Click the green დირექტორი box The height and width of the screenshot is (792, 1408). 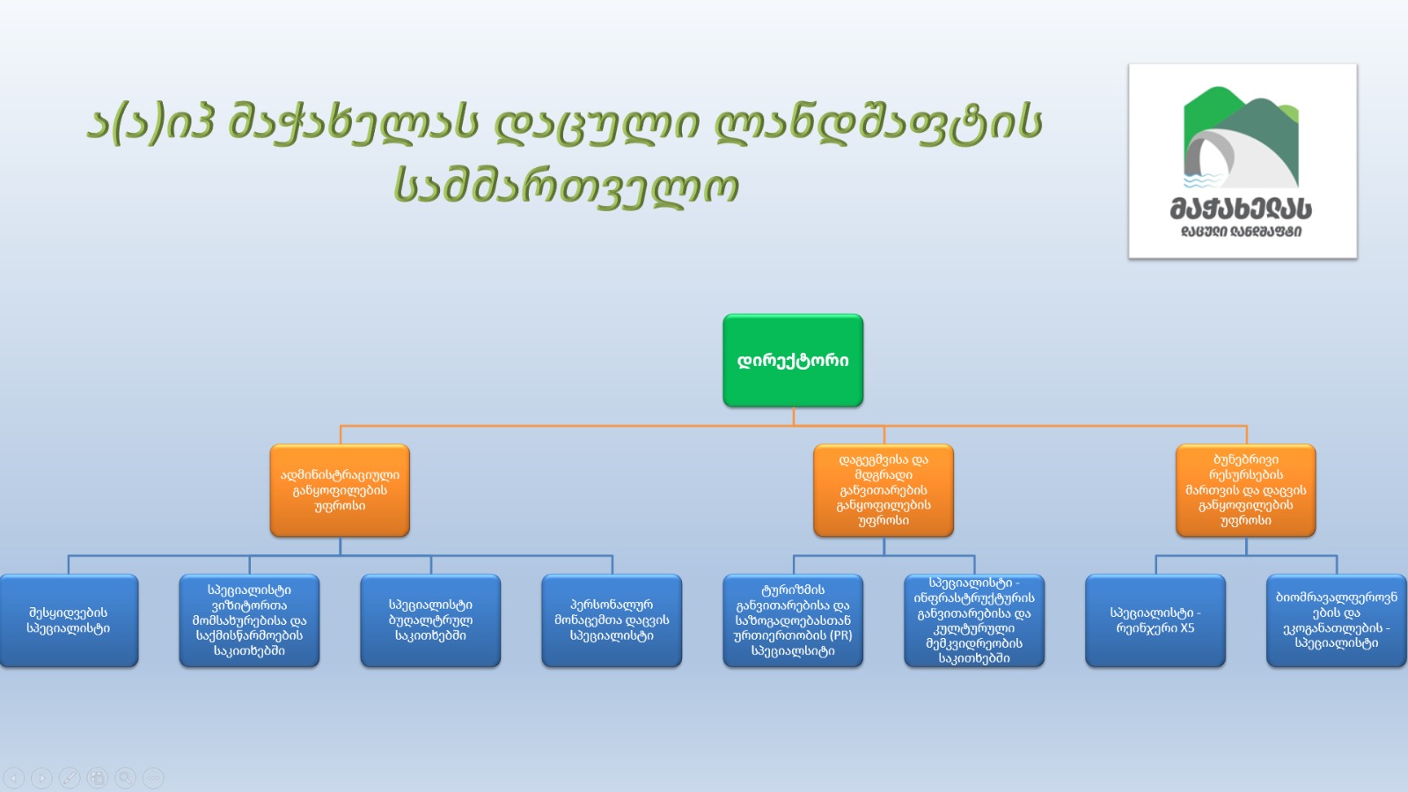click(793, 361)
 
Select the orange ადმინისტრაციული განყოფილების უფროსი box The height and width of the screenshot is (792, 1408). click(340, 490)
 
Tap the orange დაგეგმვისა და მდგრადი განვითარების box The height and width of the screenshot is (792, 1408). click(884, 490)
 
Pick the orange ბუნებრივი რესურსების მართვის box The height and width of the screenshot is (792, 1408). click(1245, 490)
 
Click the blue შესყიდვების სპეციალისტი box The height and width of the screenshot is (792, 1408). click(69, 620)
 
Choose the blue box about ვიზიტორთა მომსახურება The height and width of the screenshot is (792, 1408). click(249, 620)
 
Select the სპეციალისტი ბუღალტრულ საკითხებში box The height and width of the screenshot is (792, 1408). click(430, 620)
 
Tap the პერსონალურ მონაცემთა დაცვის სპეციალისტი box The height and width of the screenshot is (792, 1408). click(612, 620)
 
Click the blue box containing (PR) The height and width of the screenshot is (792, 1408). click(793, 620)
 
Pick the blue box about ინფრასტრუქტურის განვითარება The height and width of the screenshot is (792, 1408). click(974, 620)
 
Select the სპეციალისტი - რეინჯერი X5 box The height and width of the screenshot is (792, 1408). click(1155, 620)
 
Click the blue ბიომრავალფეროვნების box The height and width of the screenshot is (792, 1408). click(1336, 620)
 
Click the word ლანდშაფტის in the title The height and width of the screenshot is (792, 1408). click(878, 123)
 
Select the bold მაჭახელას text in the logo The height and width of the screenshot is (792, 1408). click(1241, 209)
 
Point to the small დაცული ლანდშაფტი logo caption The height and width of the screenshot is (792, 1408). click(1241, 232)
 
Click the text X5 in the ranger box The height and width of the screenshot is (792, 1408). click(1187, 628)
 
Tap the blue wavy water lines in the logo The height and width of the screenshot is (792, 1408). click(1201, 181)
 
